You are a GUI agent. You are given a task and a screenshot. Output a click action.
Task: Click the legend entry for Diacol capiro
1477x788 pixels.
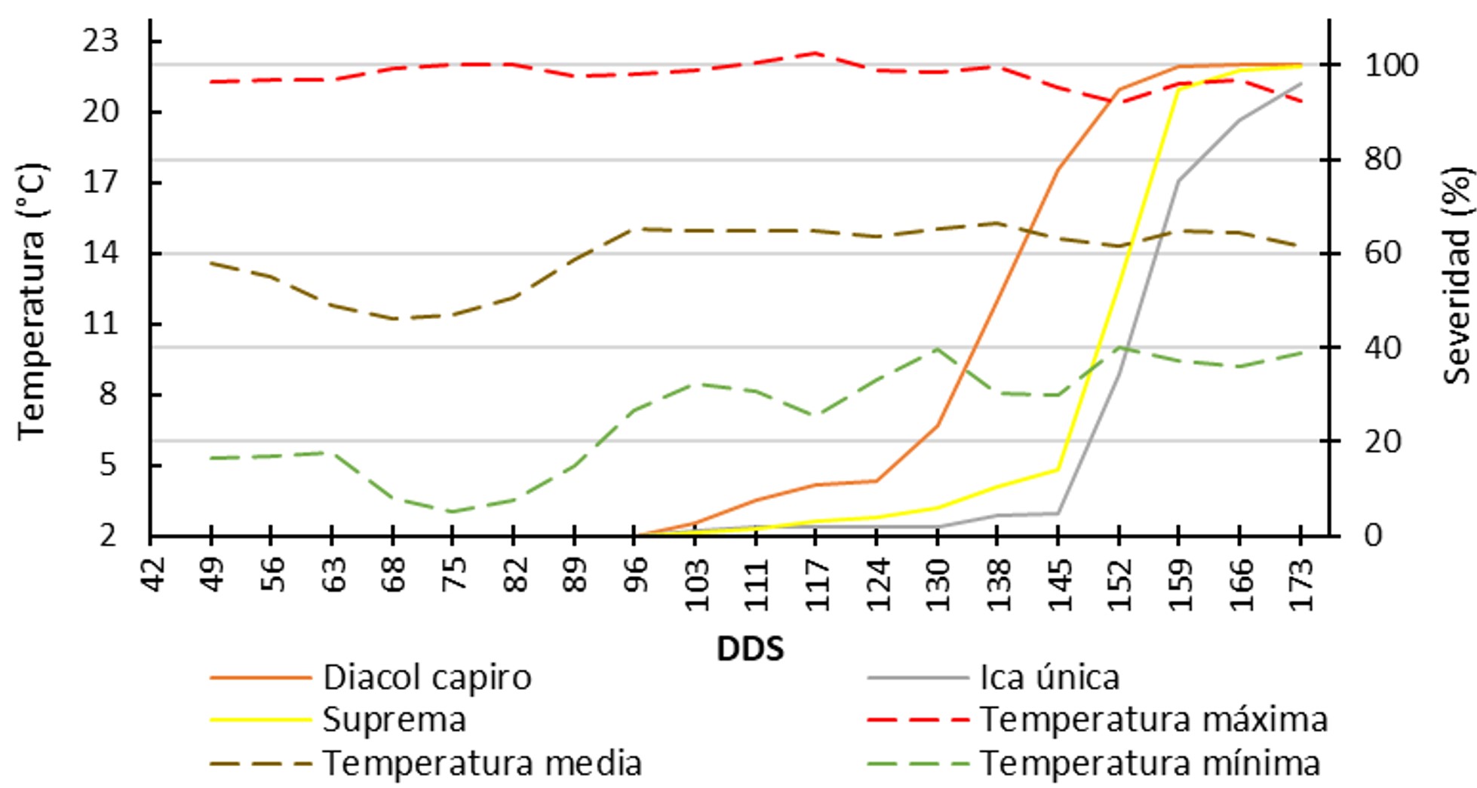pyautogui.click(x=427, y=677)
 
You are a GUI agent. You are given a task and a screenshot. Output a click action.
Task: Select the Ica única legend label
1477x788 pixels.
pyautogui.click(x=1049, y=677)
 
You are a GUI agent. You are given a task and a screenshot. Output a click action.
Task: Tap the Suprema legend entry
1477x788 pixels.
pyautogui.click(x=394, y=719)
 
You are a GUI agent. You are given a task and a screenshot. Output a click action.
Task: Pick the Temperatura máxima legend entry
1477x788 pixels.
pyautogui.click(x=1153, y=719)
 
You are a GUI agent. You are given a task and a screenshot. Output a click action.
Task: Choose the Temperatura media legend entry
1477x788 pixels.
pyautogui.click(x=482, y=763)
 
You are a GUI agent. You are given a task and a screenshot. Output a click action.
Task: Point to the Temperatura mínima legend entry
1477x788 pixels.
pyautogui.click(x=1150, y=763)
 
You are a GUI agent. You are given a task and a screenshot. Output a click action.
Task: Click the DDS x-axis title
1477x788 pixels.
pyautogui.click(x=750, y=648)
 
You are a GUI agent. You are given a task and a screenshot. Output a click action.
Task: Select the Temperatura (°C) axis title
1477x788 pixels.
pyautogui.click(x=32, y=302)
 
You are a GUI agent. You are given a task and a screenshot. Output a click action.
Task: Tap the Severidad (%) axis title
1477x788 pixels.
pyautogui.click(x=1458, y=276)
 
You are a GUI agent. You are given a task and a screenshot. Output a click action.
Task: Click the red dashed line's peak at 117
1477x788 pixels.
pyautogui.click(x=816, y=53)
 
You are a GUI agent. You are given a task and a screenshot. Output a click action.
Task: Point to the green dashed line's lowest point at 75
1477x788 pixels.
pyautogui.click(x=452, y=512)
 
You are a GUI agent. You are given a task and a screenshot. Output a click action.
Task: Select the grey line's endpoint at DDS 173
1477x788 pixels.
pyautogui.click(x=1300, y=84)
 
